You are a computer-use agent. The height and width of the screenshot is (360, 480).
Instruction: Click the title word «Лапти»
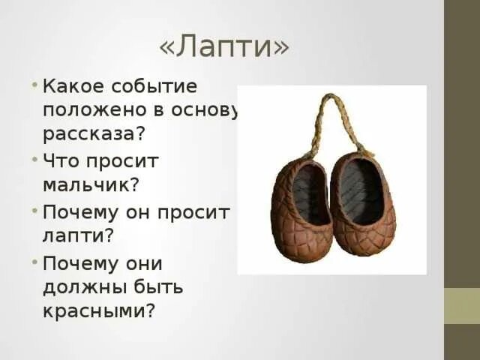(x=223, y=47)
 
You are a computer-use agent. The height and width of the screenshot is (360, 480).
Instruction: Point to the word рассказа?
(x=93, y=135)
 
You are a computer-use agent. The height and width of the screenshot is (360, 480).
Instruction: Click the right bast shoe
(x=363, y=205)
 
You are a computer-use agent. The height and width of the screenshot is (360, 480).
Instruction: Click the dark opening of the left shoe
(x=309, y=194)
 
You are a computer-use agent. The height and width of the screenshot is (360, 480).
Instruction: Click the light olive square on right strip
(x=461, y=306)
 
